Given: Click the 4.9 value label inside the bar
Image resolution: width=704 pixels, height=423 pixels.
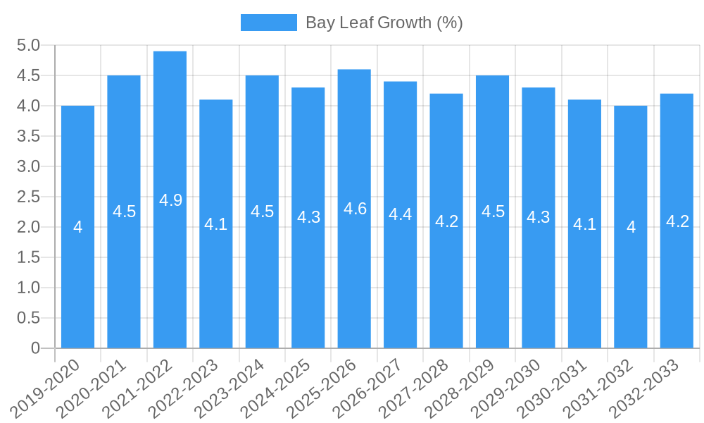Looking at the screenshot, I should pyautogui.click(x=170, y=200).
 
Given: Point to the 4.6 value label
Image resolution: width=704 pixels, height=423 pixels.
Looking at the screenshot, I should pyautogui.click(x=355, y=209).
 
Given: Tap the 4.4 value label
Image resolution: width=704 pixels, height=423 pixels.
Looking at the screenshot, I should pyautogui.click(x=401, y=215).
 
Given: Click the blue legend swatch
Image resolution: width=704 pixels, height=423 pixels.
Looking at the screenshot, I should pyautogui.click(x=268, y=23).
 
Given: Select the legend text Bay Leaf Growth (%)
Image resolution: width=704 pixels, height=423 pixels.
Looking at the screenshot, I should pyautogui.click(x=384, y=23).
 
